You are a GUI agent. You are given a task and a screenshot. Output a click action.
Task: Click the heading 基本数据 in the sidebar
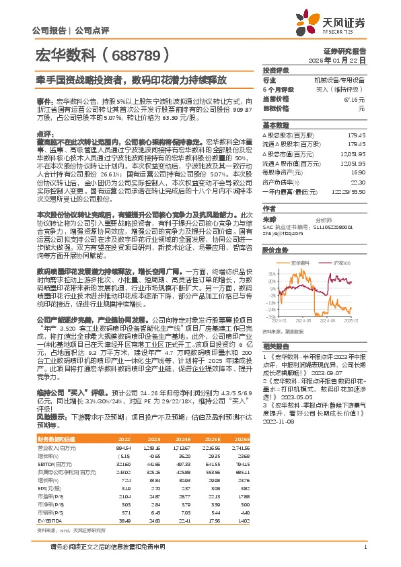coord(275,126)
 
